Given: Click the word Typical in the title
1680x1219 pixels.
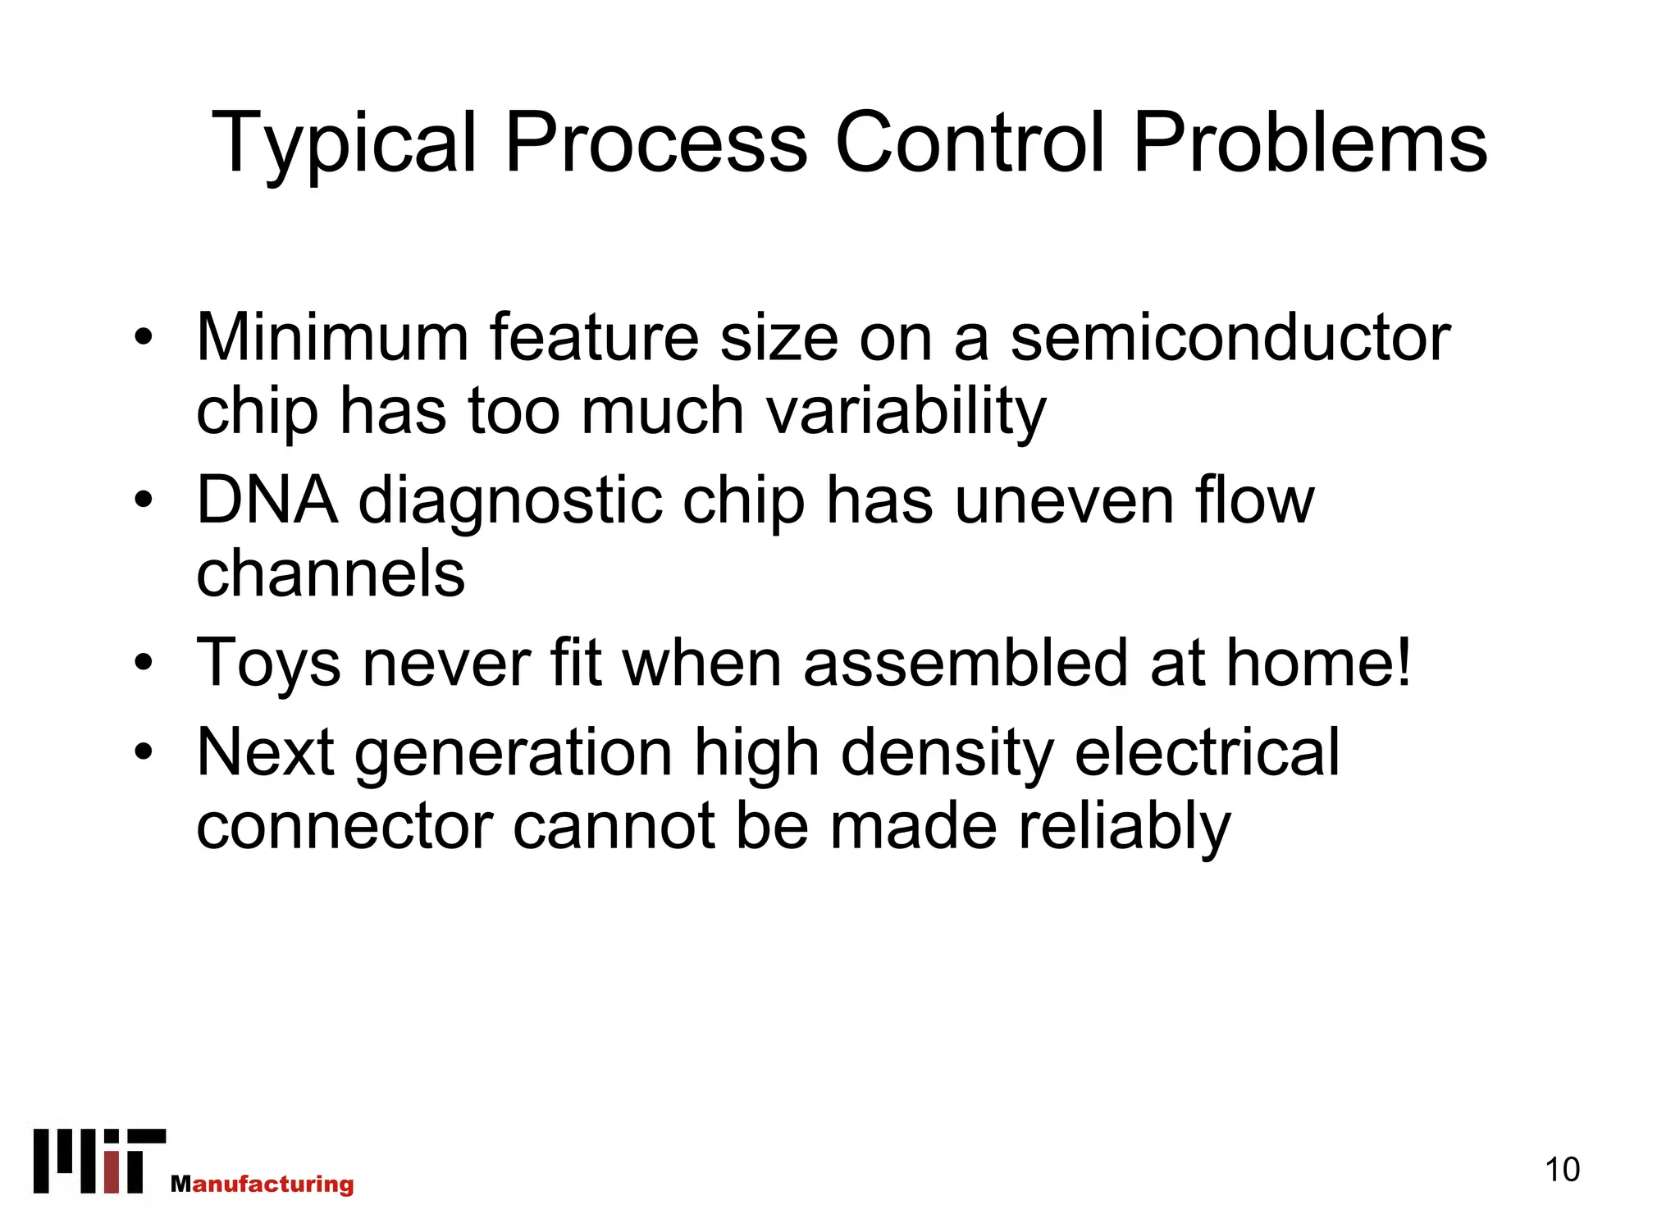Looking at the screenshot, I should tap(344, 144).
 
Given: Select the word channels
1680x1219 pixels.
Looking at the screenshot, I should tap(331, 573).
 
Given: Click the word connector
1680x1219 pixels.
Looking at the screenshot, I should tap(345, 827).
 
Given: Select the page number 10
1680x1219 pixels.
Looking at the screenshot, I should tap(1562, 1170).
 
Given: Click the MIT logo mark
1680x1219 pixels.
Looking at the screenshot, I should tap(99, 1161).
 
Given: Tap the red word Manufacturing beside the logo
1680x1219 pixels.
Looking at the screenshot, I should tap(262, 1184).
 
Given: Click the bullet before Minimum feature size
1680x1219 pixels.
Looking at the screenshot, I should tap(144, 337).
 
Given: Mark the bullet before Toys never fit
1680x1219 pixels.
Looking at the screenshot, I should tap(144, 663).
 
